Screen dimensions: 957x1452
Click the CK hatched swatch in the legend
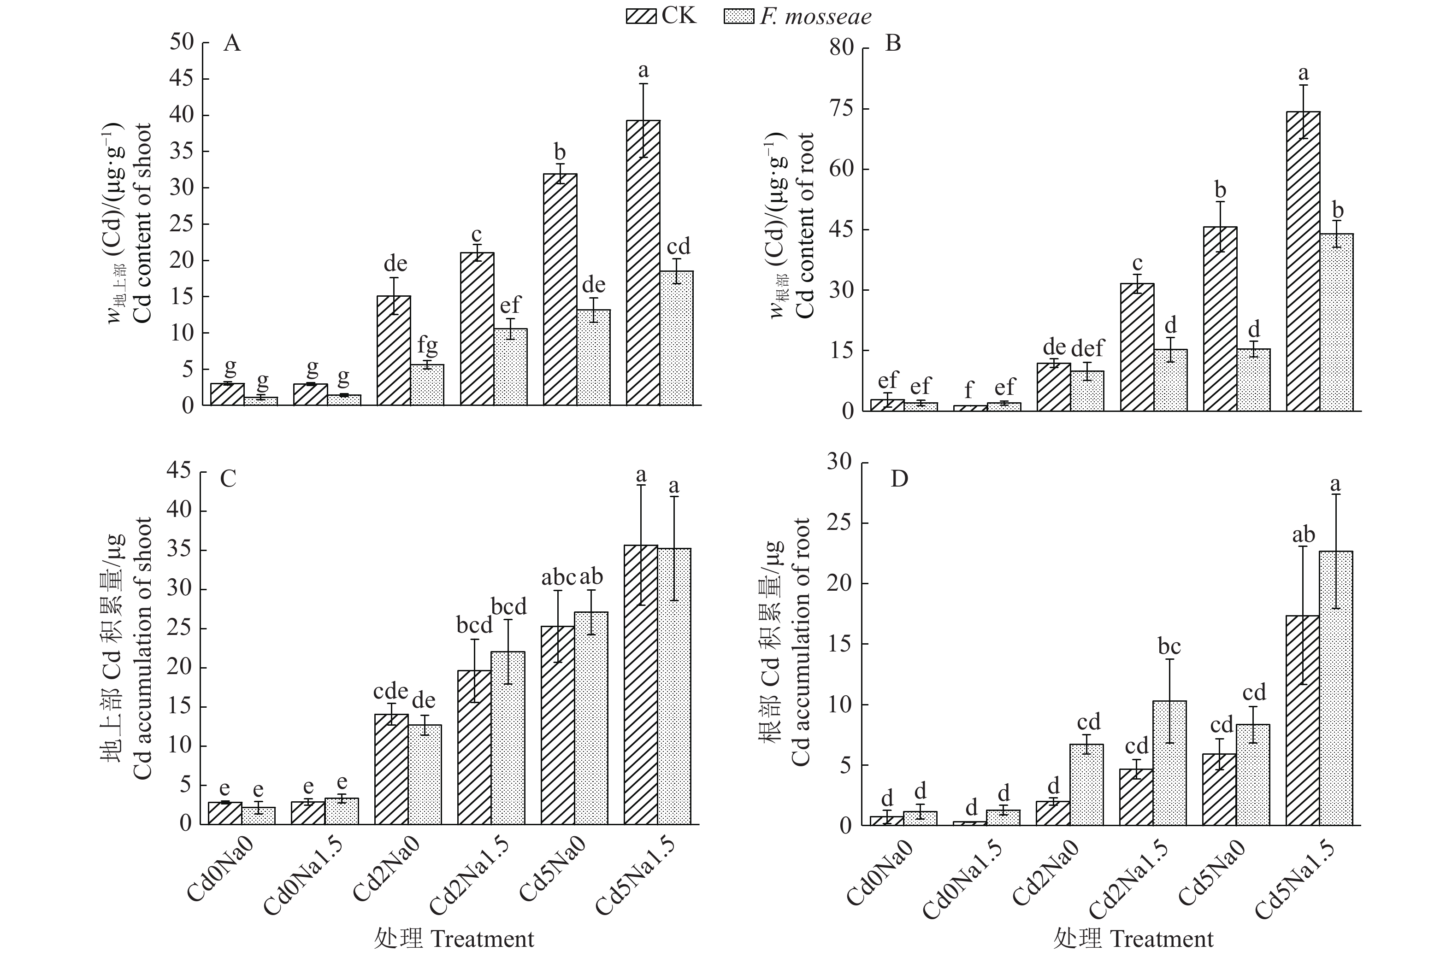click(642, 15)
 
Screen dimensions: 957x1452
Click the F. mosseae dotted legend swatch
click(739, 15)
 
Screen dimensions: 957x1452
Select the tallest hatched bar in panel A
click(643, 263)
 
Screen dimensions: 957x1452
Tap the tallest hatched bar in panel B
click(1303, 261)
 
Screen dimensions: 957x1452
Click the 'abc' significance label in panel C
click(558, 577)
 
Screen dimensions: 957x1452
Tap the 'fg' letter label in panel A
click(427, 346)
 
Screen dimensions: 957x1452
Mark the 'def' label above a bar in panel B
click(1087, 348)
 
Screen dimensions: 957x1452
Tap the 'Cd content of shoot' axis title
click(143, 223)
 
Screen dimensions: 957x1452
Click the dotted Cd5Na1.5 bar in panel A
click(677, 338)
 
